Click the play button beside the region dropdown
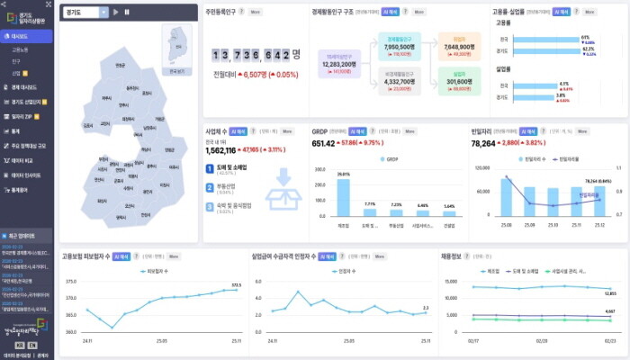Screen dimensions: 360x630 pyautogui.click(x=116, y=12)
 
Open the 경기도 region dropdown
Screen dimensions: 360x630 pyautogui.click(x=86, y=12)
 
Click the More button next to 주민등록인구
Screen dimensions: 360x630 pyautogui.click(x=256, y=12)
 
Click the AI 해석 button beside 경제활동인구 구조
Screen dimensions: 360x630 pyautogui.click(x=388, y=12)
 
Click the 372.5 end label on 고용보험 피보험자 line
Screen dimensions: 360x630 pyautogui.click(x=237, y=284)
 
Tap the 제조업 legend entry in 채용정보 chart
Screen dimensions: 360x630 pyautogui.click(x=490, y=270)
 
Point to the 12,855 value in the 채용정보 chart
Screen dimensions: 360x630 pyautogui.click(x=609, y=293)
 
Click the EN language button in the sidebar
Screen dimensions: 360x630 pyautogui.click(x=32, y=345)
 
